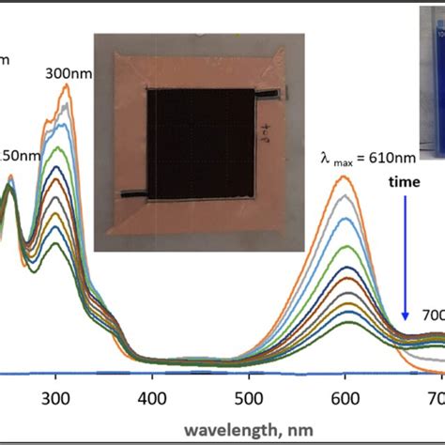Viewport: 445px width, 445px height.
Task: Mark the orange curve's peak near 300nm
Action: tap(66, 85)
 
